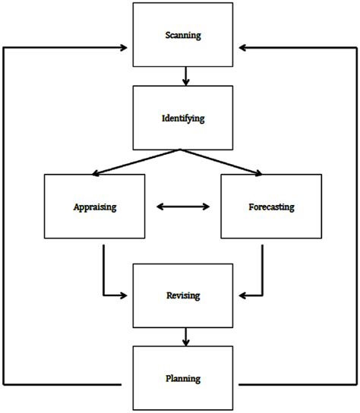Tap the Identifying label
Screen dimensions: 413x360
point(183,118)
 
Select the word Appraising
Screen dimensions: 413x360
point(94,206)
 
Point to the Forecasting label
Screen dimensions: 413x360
point(271,206)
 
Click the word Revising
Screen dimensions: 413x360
point(183,294)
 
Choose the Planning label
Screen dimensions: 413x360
point(183,377)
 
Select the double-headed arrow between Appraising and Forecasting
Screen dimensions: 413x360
point(182,205)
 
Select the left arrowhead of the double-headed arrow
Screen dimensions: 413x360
point(158,205)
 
